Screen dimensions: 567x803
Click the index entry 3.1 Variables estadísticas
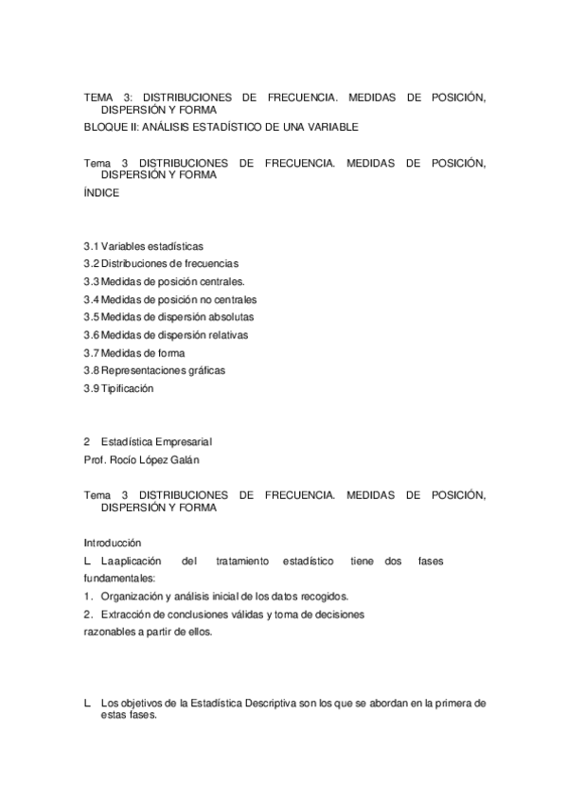(x=144, y=246)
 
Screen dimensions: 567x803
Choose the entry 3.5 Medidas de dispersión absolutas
(x=168, y=316)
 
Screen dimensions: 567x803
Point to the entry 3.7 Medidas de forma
(x=134, y=352)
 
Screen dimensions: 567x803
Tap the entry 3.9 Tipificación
(x=118, y=388)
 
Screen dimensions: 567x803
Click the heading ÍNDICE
(x=101, y=192)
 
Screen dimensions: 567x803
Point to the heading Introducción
(x=113, y=543)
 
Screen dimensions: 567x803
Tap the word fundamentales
(x=118, y=578)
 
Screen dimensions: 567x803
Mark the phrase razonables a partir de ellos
(x=148, y=632)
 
